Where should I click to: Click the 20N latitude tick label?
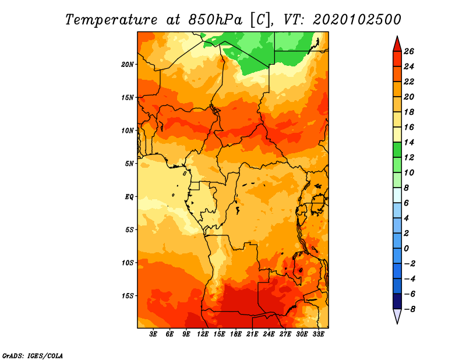tap(127, 65)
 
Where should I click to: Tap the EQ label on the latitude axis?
tap(129, 197)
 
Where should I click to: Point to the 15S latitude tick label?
tap(127, 296)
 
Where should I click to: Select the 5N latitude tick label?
tap(129, 164)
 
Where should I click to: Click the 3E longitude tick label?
tap(153, 334)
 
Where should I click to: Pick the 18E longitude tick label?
tap(236, 334)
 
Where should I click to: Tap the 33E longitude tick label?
tap(318, 334)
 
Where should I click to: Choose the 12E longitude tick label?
tap(203, 334)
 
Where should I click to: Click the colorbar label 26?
tap(409, 51)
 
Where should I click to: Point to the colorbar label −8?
tap(409, 309)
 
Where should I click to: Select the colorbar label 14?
tap(409, 142)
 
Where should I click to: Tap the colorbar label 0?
tap(407, 249)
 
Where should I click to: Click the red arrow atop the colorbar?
tap(397, 44)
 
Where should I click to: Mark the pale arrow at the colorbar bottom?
tap(397, 316)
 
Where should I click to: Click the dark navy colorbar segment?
tap(397, 301)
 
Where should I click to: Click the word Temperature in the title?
tap(111, 20)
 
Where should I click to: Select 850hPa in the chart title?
tap(215, 20)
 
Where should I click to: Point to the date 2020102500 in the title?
tap(357, 20)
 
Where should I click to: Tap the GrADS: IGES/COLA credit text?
tap(33, 355)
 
